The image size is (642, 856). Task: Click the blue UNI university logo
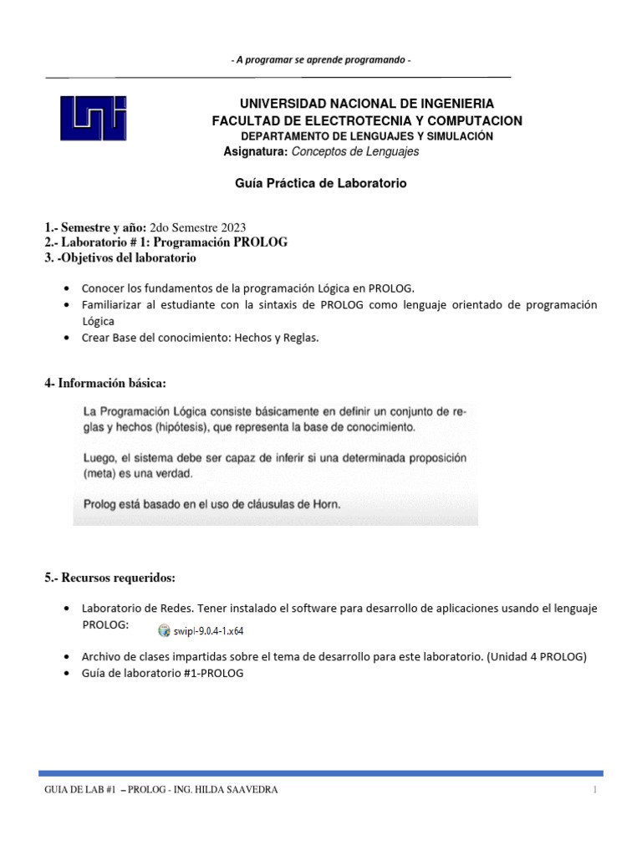click(x=93, y=117)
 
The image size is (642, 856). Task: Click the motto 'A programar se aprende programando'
click(x=320, y=60)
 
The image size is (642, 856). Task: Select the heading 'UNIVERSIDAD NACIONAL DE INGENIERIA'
click(x=366, y=104)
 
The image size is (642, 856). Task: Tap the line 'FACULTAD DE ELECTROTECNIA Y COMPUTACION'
click(x=366, y=120)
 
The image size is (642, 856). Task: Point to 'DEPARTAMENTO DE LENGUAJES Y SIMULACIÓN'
click(x=366, y=136)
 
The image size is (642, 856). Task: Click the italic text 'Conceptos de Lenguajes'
click(x=354, y=152)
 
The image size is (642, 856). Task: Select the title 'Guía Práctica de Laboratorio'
click(x=321, y=183)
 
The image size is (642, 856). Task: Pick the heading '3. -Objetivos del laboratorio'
click(x=120, y=257)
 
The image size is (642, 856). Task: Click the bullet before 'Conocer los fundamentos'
click(x=67, y=288)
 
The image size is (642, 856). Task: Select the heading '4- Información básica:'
click(x=105, y=383)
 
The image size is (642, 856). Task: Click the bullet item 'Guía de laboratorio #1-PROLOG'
click(x=162, y=673)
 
